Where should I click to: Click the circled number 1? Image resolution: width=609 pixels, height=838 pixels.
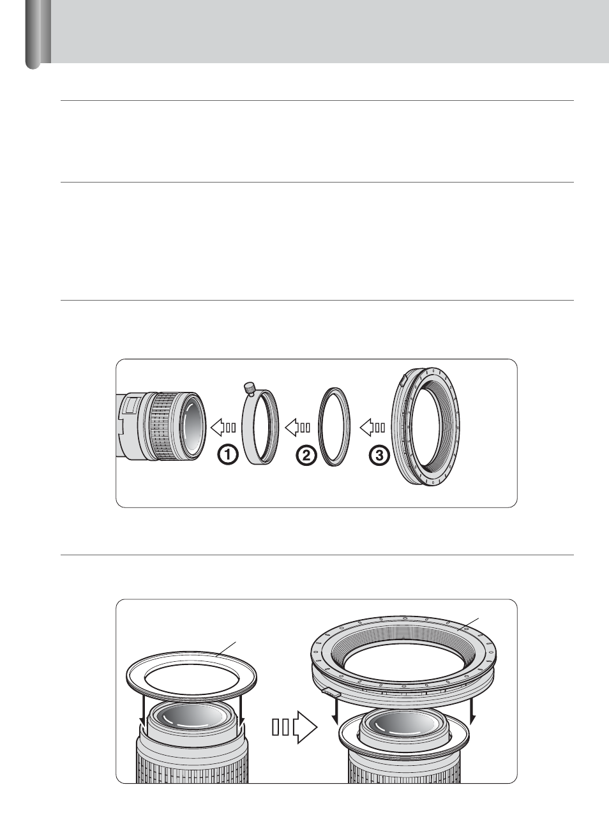(228, 455)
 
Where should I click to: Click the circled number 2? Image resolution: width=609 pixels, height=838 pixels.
(306, 455)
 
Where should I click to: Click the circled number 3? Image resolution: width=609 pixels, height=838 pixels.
(379, 455)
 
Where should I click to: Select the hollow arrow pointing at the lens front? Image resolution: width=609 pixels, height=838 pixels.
(223, 428)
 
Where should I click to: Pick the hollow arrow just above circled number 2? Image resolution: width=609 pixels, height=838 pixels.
(297, 428)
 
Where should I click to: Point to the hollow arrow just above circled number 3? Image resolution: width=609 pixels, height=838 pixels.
(373, 428)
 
